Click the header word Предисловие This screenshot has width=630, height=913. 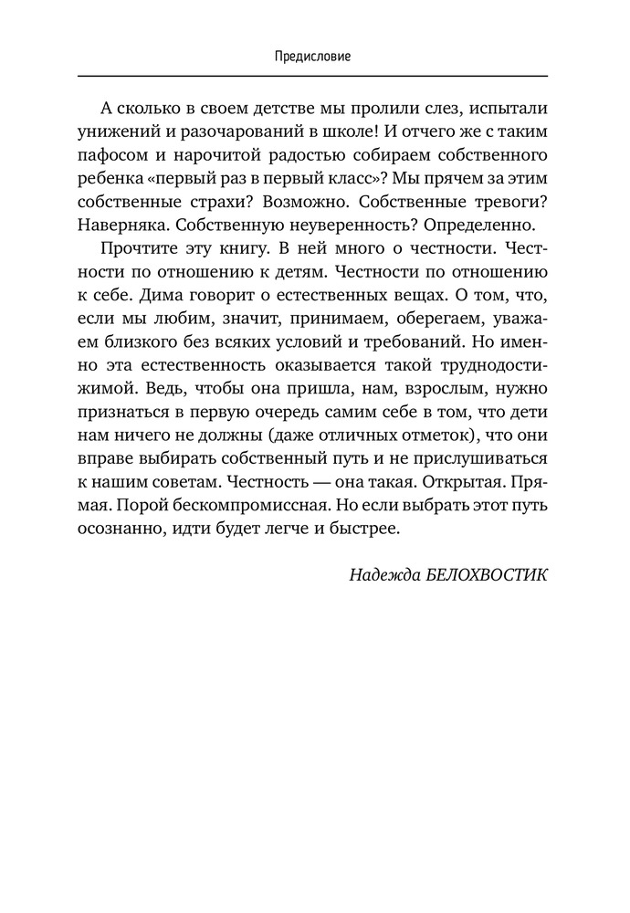[x=313, y=57]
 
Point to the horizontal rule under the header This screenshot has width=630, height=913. [x=313, y=75]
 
